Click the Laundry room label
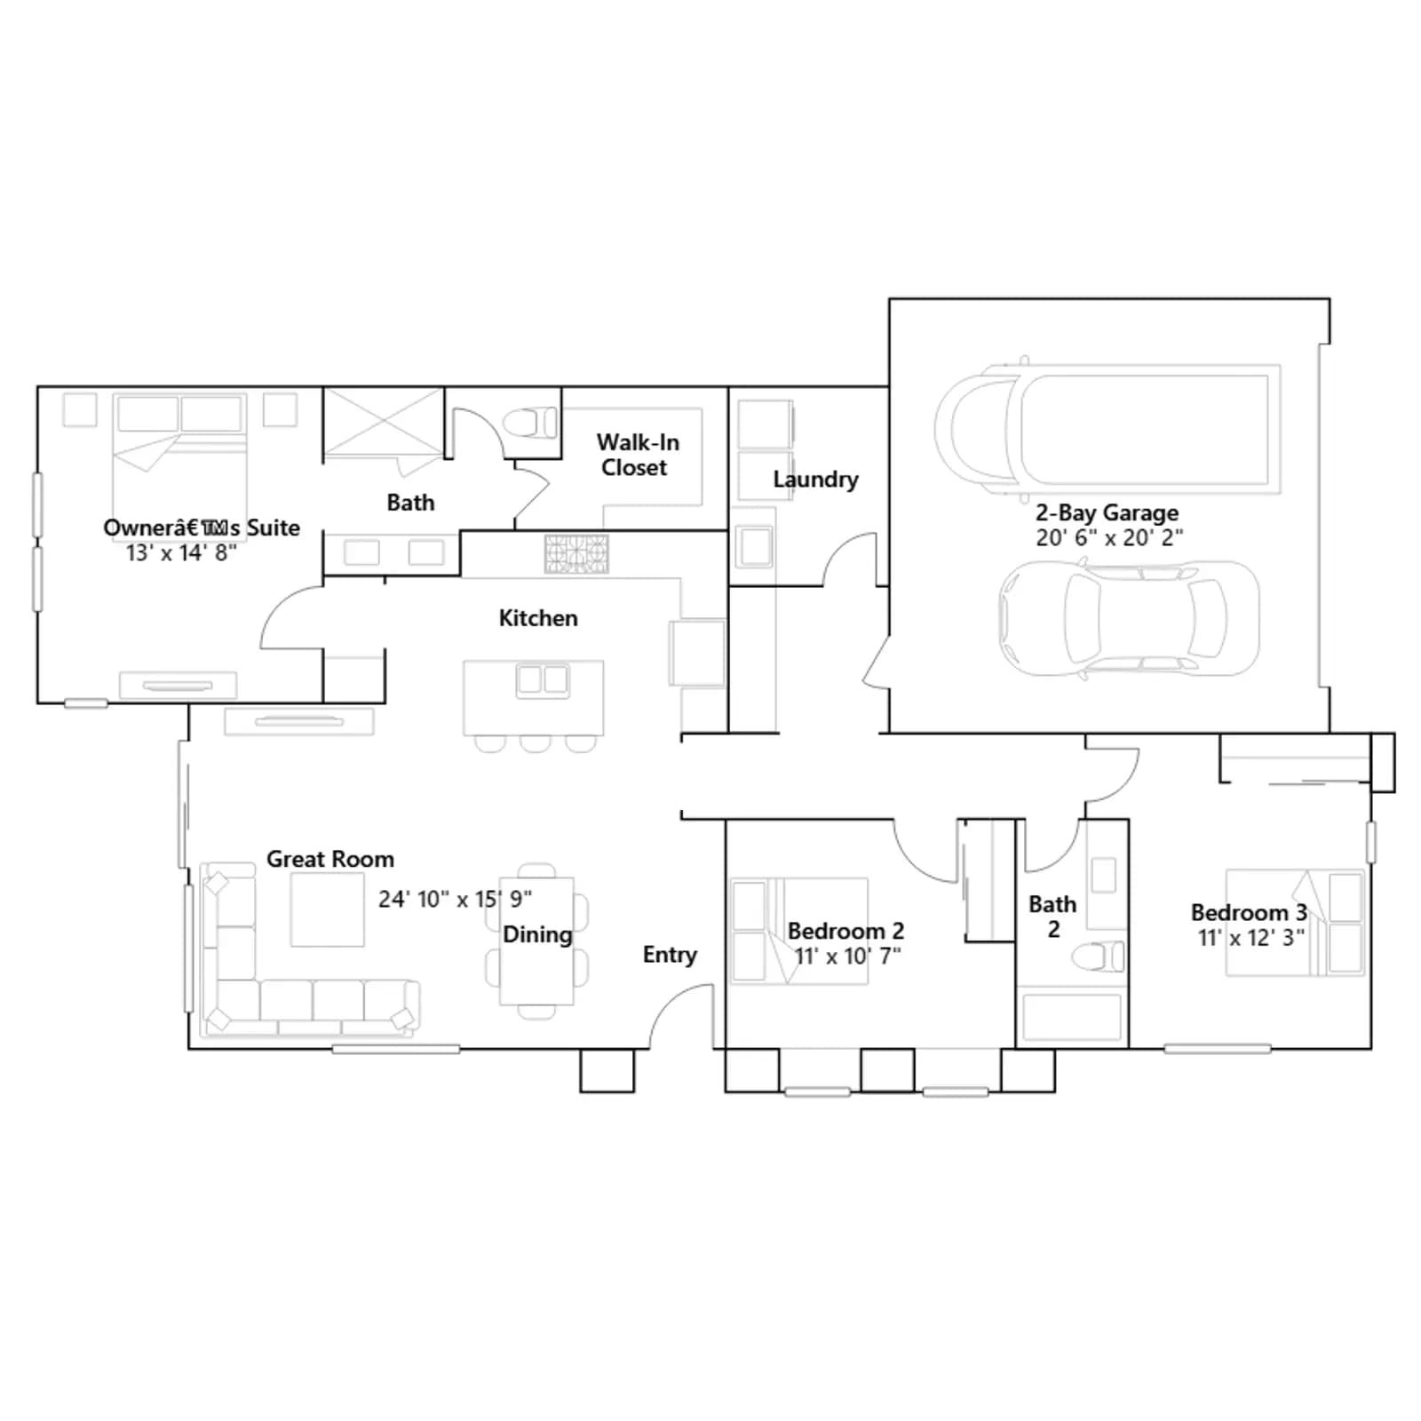click(815, 480)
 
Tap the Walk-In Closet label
click(637, 455)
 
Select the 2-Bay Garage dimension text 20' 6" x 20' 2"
click(1108, 537)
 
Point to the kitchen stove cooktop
click(576, 553)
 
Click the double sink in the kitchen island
click(543, 679)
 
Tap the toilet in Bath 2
click(1099, 957)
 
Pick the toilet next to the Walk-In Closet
click(531, 423)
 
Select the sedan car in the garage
click(1129, 619)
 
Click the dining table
click(536, 941)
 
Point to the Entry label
click(670, 955)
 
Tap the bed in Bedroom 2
click(798, 931)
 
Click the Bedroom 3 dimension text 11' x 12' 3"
click(1250, 938)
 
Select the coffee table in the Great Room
click(327, 909)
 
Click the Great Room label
click(330, 859)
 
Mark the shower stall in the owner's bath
click(383, 424)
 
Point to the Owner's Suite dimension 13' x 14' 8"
click(181, 552)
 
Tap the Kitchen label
click(538, 618)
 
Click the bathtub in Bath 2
click(1072, 1017)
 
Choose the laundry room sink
click(756, 546)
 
